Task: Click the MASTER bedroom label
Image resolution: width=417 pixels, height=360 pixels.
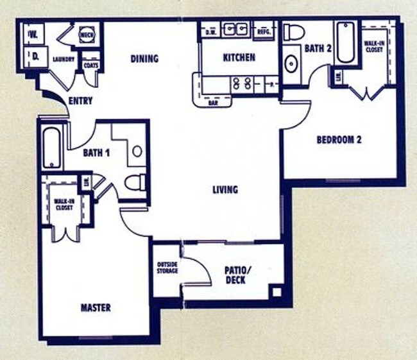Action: [96, 308]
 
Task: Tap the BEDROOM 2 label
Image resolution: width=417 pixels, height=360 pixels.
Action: [338, 139]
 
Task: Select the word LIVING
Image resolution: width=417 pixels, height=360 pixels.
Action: [225, 190]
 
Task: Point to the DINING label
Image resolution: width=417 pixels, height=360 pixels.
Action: [144, 59]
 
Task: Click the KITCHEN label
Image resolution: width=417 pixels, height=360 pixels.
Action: [239, 58]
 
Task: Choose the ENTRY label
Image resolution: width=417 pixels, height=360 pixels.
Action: [80, 101]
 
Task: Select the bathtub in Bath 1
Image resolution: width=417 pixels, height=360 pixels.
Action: [51, 147]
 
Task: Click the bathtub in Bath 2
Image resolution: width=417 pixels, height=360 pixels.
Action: [345, 43]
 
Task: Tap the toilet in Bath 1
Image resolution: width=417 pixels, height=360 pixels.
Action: [135, 183]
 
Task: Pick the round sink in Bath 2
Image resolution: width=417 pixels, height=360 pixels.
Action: [291, 64]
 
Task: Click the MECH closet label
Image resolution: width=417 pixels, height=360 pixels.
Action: [87, 36]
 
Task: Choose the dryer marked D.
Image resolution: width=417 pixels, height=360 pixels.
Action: [36, 56]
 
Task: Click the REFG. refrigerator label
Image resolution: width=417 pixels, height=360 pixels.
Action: [264, 31]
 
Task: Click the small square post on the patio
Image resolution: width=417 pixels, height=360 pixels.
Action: [276, 292]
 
